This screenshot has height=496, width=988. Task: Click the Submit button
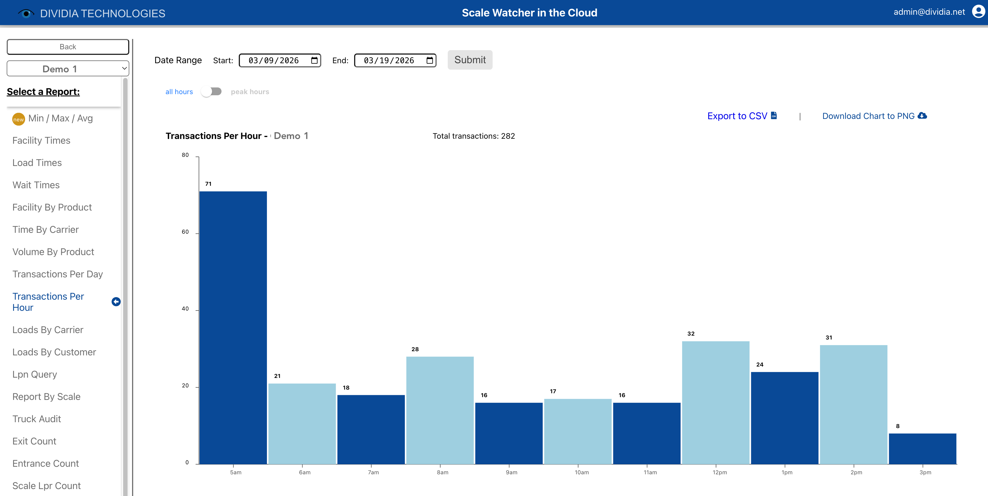click(469, 60)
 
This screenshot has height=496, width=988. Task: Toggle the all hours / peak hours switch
click(211, 92)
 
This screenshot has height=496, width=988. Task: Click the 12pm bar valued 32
click(715, 402)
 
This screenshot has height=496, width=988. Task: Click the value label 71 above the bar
click(208, 184)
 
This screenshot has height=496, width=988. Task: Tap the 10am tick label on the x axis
click(581, 472)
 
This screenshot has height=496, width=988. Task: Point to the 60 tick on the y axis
click(185, 232)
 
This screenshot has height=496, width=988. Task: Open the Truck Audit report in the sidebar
click(37, 419)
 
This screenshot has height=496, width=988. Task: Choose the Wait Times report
click(36, 185)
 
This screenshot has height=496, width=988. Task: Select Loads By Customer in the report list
click(54, 352)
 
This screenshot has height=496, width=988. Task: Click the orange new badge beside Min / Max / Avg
click(18, 119)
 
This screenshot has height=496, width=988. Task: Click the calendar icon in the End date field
click(430, 60)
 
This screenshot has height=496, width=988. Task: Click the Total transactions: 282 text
click(473, 136)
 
